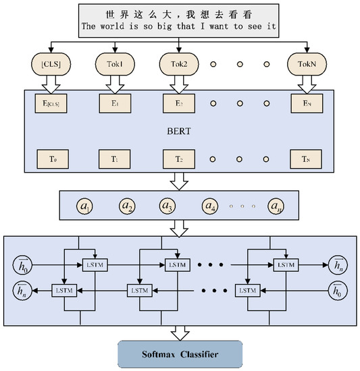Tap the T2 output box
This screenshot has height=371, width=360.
pyautogui.click(x=175, y=159)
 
